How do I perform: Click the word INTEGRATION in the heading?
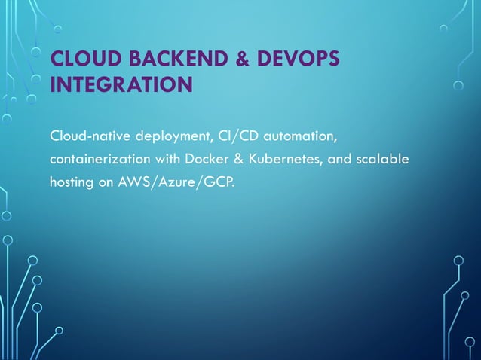coord(121,84)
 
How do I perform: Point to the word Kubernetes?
coord(278,160)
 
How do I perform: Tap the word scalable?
coord(385,160)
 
